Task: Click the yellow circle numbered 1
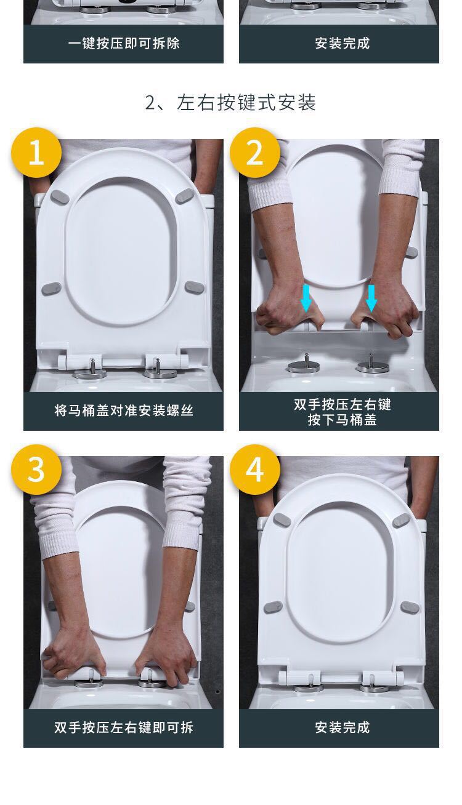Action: [36, 153]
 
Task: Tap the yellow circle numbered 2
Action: [255, 153]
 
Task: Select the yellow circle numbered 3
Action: [36, 470]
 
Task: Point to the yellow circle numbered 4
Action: [255, 470]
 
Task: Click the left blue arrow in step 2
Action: [306, 298]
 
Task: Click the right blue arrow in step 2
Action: [371, 298]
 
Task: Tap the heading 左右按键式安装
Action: [246, 102]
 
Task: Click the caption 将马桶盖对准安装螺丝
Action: [124, 410]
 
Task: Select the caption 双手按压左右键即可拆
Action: [124, 727]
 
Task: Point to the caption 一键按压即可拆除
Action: [124, 43]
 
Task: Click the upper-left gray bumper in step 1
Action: [59, 196]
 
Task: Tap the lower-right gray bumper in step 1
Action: [195, 287]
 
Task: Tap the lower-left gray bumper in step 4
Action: [273, 607]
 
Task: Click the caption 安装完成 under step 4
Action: [342, 727]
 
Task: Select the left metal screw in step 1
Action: [91, 369]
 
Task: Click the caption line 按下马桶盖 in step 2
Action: [342, 420]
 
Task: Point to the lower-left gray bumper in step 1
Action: [52, 289]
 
